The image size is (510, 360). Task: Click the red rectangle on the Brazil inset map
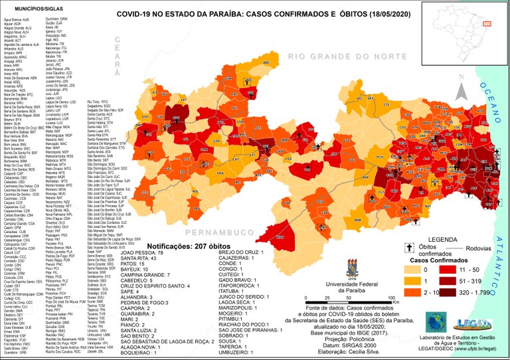click(x=487, y=23)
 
